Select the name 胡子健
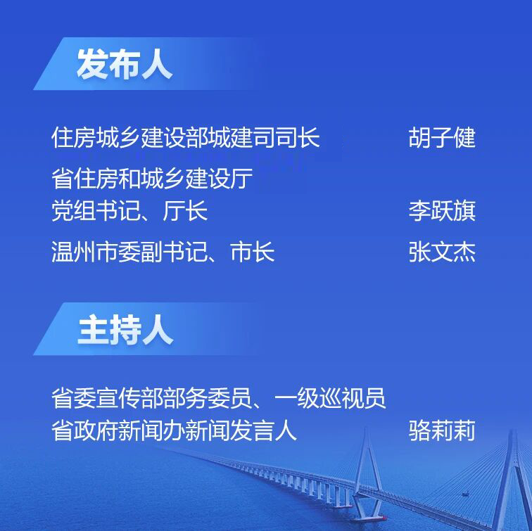coord(442,138)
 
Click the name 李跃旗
coord(442,211)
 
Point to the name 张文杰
coord(442,252)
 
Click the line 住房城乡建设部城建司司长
coord(186,138)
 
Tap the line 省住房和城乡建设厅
coord(152,179)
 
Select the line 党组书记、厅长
coord(129,211)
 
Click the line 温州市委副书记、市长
coord(163,252)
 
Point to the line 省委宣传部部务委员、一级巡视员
coord(219,399)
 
